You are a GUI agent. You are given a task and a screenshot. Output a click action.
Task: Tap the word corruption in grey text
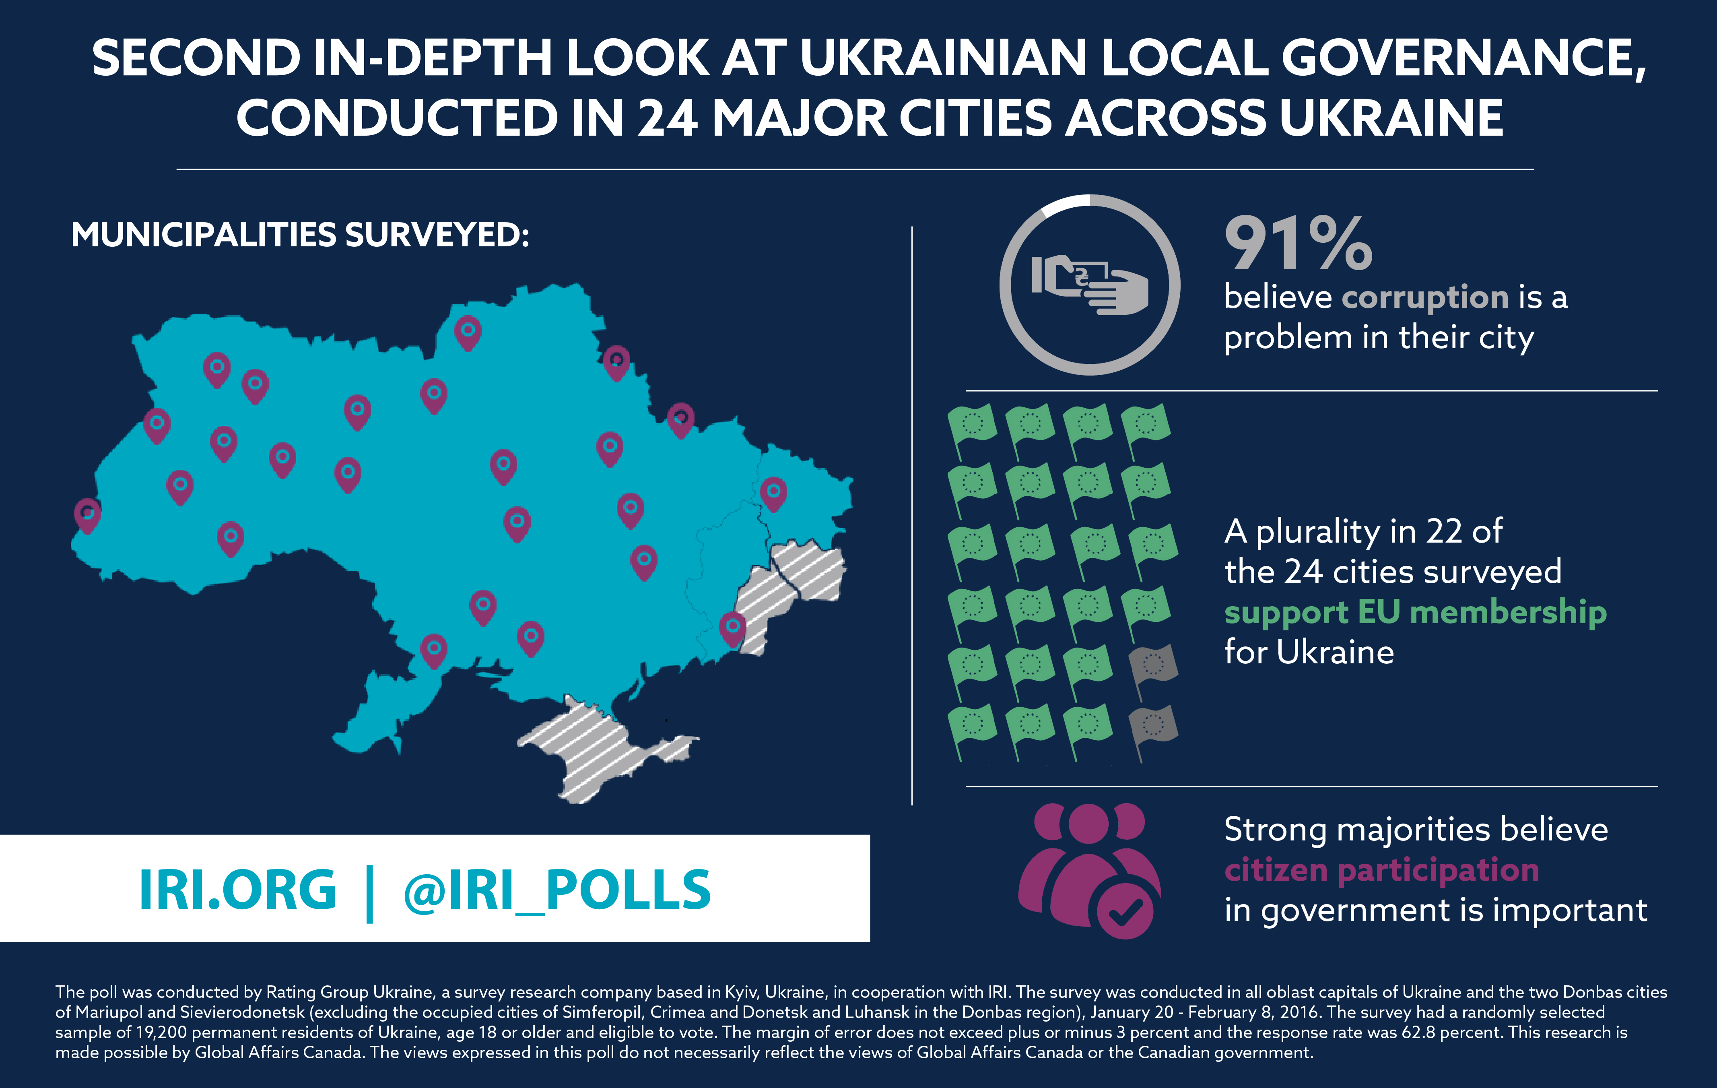[x=1424, y=297]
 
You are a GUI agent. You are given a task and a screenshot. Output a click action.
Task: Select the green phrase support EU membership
[x=1415, y=612]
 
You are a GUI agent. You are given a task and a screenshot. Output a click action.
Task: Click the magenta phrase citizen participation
[x=1381, y=870]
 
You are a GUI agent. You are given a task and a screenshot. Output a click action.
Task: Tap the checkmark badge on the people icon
[x=1124, y=910]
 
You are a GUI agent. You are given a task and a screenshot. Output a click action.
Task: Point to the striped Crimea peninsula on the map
[x=599, y=749]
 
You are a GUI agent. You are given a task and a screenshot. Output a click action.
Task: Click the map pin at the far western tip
[x=87, y=514]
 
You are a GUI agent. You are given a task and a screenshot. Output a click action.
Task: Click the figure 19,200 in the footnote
[x=161, y=1032]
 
